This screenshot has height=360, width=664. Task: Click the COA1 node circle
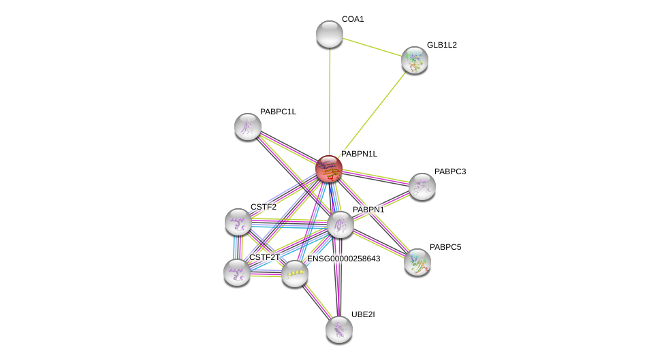coord(330,34)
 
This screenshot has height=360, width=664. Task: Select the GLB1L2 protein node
coord(414,60)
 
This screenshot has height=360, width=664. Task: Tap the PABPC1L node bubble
coord(248,126)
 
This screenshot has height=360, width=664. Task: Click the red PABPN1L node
coord(329,169)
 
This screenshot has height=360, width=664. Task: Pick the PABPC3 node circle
coord(422,186)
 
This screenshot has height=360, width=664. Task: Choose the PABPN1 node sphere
coord(340,225)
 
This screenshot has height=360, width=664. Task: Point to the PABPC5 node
coord(417,262)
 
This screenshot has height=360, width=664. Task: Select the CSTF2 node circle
coord(238,222)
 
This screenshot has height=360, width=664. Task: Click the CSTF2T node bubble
coord(237,272)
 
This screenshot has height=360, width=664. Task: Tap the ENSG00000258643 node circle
coord(295,274)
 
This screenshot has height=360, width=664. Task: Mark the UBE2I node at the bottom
coord(338,329)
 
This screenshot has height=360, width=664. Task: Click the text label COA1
coord(353,19)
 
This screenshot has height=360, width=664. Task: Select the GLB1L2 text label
coord(441,45)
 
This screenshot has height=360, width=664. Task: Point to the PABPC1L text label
coord(278,112)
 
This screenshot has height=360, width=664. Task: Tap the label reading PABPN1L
coord(359,154)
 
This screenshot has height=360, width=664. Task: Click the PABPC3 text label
coord(450,171)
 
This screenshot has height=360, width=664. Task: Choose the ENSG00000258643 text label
coord(343,259)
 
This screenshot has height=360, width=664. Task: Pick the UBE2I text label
coord(362,314)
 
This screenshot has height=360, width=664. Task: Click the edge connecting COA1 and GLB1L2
coord(372,47)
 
